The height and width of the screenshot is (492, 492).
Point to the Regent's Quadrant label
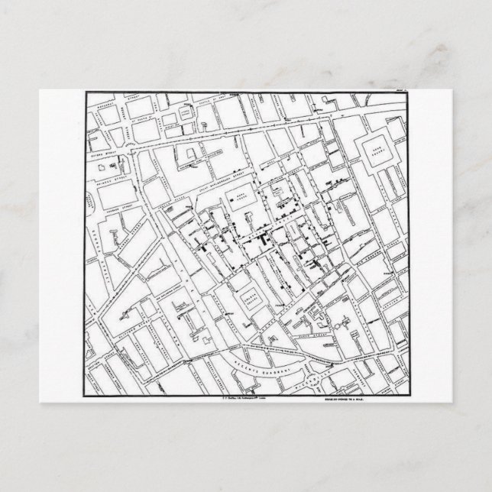[260, 366]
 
